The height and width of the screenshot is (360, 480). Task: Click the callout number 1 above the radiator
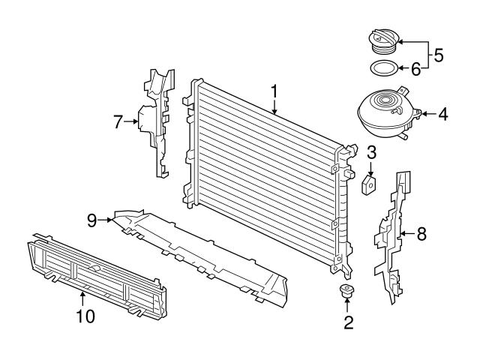[x=274, y=91]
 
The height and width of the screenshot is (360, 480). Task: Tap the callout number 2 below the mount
[x=348, y=323]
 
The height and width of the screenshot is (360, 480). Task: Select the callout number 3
[x=371, y=153]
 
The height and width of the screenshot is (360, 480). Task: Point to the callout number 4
[x=443, y=115]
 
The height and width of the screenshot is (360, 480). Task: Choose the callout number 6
[x=415, y=69]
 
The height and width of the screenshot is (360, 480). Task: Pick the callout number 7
[x=118, y=121]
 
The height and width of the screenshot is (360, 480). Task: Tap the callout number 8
[x=421, y=234]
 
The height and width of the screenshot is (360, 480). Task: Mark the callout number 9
[x=91, y=220]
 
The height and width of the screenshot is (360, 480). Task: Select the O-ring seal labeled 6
[x=384, y=70]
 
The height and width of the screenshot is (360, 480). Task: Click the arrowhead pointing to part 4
[x=421, y=115]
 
